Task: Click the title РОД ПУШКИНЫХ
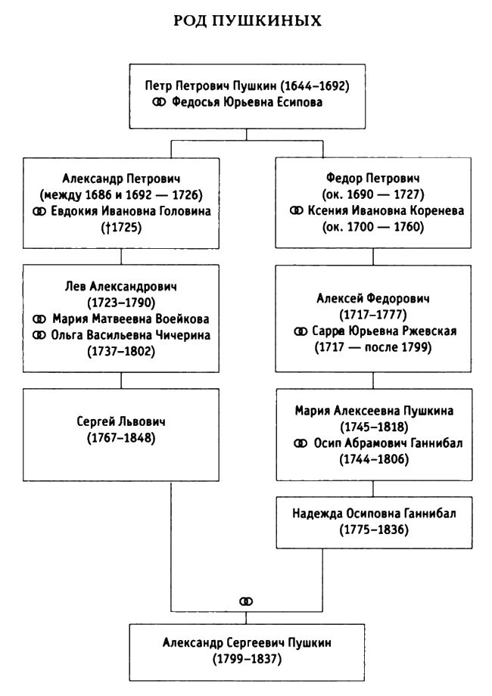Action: [246, 22]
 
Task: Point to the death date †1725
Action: [121, 227]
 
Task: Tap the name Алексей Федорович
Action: [371, 300]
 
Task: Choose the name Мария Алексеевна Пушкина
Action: [371, 411]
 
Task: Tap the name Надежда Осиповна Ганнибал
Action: [371, 514]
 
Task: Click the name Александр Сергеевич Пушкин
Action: [246, 643]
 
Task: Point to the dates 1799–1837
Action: [246, 660]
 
